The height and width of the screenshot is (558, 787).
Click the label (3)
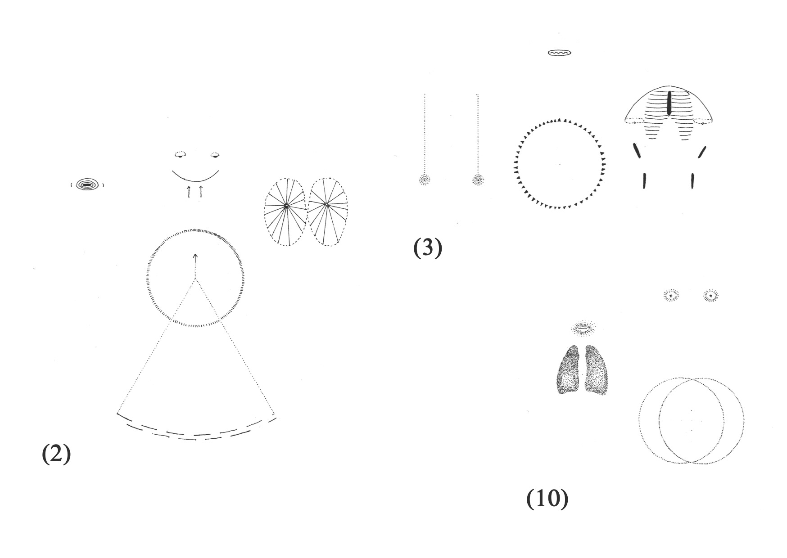point(428,248)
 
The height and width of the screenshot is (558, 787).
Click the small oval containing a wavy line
point(559,53)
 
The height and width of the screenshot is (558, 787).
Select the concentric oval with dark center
point(87,184)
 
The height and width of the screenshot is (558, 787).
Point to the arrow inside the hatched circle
point(195,258)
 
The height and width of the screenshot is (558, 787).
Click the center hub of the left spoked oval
point(286,207)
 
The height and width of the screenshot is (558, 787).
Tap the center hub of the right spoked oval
point(326,205)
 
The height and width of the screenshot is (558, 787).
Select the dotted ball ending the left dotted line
point(424,180)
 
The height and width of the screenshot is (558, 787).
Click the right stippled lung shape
point(597,371)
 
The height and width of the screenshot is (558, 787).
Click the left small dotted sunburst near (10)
point(671,296)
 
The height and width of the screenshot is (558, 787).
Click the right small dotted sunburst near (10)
point(710,296)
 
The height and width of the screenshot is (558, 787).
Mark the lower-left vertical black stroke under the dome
point(645,180)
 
